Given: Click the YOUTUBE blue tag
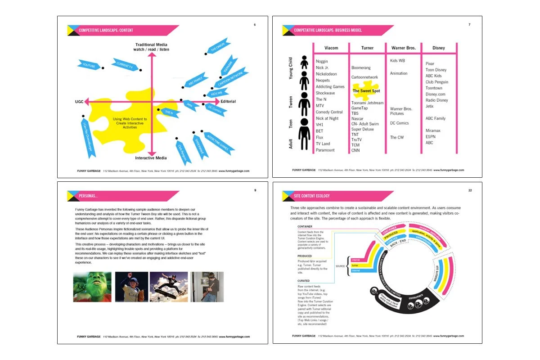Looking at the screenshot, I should pyautogui.click(x=89, y=65).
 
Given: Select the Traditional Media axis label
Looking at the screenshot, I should pyautogui.click(x=152, y=47).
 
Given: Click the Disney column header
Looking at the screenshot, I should pyautogui.click(x=438, y=48).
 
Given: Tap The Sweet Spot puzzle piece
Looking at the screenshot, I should pyautogui.click(x=366, y=90).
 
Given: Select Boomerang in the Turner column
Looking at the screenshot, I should pyautogui.click(x=361, y=67).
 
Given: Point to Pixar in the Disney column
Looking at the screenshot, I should pyautogui.click(x=430, y=64).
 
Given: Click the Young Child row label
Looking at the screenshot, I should pyautogui.click(x=290, y=68).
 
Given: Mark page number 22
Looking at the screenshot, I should pyautogui.click(x=470, y=190).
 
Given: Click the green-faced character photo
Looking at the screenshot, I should pyautogui.click(x=92, y=287).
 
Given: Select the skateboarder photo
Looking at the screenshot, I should pyautogui.click(x=169, y=287).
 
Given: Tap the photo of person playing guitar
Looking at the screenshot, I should pyautogui.click(x=207, y=287).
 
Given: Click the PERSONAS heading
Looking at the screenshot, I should pyautogui.click(x=88, y=196).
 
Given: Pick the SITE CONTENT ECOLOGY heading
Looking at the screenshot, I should pyautogui.click(x=312, y=196).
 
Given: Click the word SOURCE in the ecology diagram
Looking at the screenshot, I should pyautogui.click(x=340, y=266).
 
